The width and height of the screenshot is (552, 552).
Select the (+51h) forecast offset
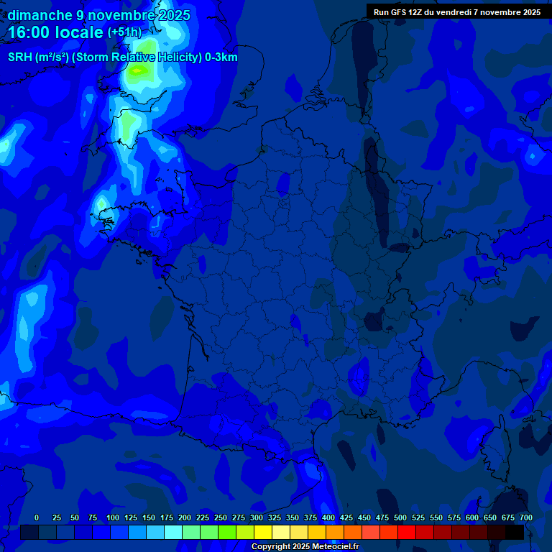[124, 32]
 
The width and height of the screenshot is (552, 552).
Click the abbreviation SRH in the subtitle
[21, 57]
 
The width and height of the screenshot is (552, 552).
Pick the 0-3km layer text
[221, 57]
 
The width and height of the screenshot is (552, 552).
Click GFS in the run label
[398, 12]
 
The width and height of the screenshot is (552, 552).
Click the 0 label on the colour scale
[37, 517]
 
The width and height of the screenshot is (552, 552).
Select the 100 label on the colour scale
[113, 517]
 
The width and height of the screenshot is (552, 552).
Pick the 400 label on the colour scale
[328, 517]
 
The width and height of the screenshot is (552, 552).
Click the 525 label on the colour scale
[418, 517]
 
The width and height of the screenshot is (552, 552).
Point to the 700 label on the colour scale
[526, 517]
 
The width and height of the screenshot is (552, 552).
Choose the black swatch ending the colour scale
[515, 532]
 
